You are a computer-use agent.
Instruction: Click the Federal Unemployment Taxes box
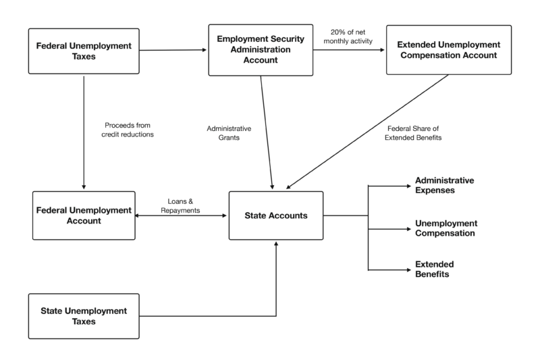coord(84,51)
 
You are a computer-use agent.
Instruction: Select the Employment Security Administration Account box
coord(261,50)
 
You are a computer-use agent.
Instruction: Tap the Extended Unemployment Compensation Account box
coord(449,49)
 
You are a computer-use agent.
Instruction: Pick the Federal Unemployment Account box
coord(84,215)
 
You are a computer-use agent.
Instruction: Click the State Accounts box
coord(276,215)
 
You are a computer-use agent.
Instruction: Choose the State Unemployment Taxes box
coord(84,316)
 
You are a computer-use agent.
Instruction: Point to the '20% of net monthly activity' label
coord(348,36)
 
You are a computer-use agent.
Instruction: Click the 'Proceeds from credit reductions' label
coord(128,130)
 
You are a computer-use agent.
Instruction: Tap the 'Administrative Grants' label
coord(229,133)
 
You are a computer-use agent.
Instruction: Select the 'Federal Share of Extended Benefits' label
coord(413,133)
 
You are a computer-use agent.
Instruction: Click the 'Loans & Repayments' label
coord(180,205)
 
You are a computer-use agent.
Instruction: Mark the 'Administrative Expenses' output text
coord(444,185)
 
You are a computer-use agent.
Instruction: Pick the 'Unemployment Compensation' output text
coord(446,228)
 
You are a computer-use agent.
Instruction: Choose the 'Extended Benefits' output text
coord(434,269)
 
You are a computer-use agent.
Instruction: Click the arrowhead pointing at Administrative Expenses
coord(409,186)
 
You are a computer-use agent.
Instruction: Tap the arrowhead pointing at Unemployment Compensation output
coord(409,229)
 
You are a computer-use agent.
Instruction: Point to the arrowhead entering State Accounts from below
coord(276,244)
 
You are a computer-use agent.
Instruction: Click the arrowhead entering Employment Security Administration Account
coord(205,50)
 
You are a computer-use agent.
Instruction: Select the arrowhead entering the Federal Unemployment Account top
coord(84,187)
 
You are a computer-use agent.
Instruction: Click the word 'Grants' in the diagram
coord(229,138)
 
